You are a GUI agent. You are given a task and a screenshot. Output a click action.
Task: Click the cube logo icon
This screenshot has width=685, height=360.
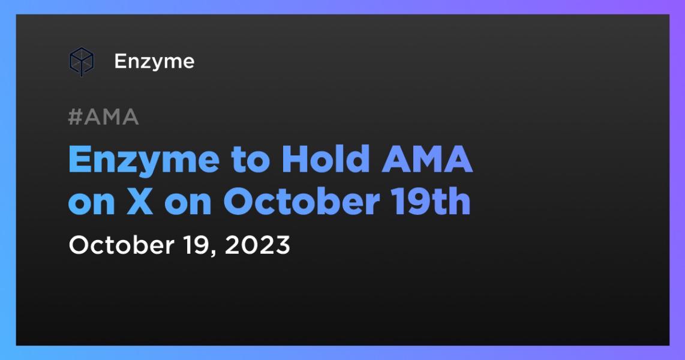point(81,62)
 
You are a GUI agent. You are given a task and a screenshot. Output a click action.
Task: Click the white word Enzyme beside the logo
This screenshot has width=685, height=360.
point(154,62)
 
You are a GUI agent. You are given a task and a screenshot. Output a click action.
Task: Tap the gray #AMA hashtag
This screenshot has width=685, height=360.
point(104,117)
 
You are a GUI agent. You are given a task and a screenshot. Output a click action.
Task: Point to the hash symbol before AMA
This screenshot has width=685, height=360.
point(76,117)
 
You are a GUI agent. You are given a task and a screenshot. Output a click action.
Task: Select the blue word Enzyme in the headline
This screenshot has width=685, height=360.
point(144,161)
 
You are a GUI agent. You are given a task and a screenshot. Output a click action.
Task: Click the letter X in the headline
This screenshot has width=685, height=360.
point(140,202)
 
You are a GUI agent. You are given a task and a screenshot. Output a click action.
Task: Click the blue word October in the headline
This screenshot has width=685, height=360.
point(302,202)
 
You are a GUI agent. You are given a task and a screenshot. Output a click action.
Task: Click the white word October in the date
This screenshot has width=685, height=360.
point(121,245)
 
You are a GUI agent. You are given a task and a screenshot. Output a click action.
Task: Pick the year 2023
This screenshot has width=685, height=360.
point(257,245)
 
